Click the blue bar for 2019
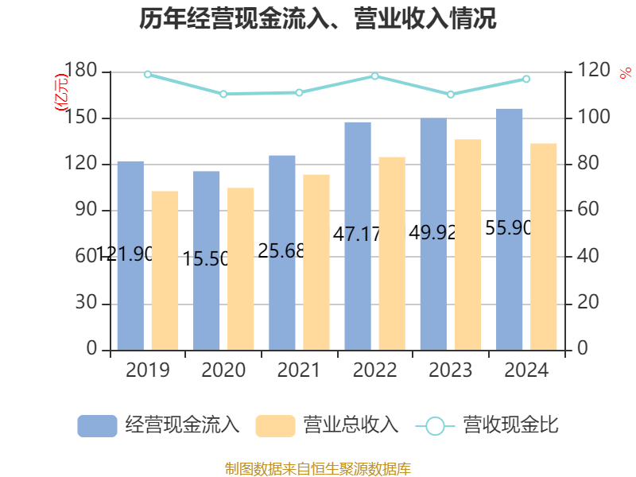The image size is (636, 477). (130, 254)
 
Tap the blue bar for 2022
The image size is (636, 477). (358, 235)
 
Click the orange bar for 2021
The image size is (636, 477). (316, 262)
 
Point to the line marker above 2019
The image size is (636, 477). (148, 74)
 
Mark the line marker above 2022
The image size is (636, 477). (375, 76)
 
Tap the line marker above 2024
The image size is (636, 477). (526, 79)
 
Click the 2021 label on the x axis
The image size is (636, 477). (299, 370)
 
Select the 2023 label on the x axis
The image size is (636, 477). (450, 370)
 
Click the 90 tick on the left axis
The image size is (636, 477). (87, 211)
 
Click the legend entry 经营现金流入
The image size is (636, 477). (159, 425)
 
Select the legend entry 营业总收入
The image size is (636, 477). (327, 425)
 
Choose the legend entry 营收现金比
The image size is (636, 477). (487, 425)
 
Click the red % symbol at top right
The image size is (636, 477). (626, 73)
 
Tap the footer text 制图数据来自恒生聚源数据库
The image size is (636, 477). (318, 468)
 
